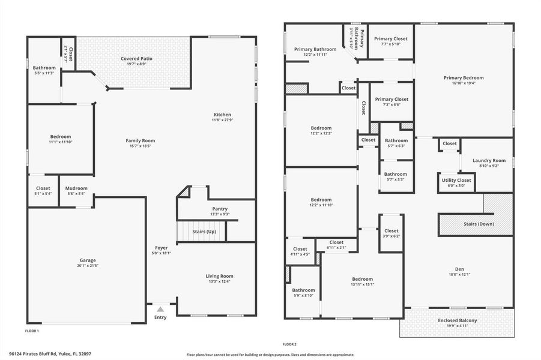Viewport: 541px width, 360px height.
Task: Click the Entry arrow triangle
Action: click(160, 310)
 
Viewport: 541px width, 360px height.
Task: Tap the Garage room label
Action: click(88, 260)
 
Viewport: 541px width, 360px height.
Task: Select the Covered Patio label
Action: click(137, 59)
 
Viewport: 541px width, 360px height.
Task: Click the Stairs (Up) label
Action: click(204, 232)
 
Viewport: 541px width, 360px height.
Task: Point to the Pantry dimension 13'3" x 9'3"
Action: click(220, 214)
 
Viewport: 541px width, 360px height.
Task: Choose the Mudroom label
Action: click(76, 188)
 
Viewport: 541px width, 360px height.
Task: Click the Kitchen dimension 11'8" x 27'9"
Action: click(223, 120)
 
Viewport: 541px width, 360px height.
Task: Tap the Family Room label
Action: click(140, 140)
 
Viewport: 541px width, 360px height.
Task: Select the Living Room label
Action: click(219, 276)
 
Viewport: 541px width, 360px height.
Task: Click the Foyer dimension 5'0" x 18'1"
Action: click(161, 253)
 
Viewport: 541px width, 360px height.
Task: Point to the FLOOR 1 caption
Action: click(32, 331)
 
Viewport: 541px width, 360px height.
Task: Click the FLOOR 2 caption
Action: click(289, 344)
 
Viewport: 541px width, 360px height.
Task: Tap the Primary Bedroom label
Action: click(464, 78)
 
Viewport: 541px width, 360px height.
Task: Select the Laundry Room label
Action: click(489, 160)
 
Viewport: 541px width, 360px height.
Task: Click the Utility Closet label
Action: click(456, 181)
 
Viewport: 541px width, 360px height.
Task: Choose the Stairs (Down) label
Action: click(479, 224)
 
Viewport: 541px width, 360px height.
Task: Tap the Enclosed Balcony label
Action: click(457, 320)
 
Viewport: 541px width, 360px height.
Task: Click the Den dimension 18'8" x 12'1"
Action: click(459, 274)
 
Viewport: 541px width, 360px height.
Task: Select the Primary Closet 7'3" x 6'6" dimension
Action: click(391, 104)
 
